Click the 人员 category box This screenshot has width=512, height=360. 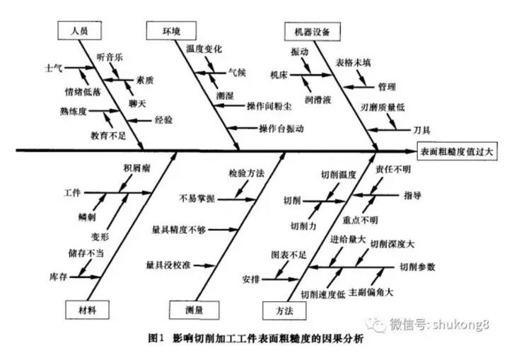click(78, 32)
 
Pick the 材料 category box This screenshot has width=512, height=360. click(88, 309)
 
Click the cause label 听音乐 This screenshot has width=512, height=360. click(110, 56)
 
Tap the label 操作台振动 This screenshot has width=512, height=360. click(281, 129)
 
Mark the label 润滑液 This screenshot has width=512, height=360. click(318, 91)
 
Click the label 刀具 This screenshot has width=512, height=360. click(421, 130)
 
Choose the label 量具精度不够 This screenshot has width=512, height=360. click(178, 230)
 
